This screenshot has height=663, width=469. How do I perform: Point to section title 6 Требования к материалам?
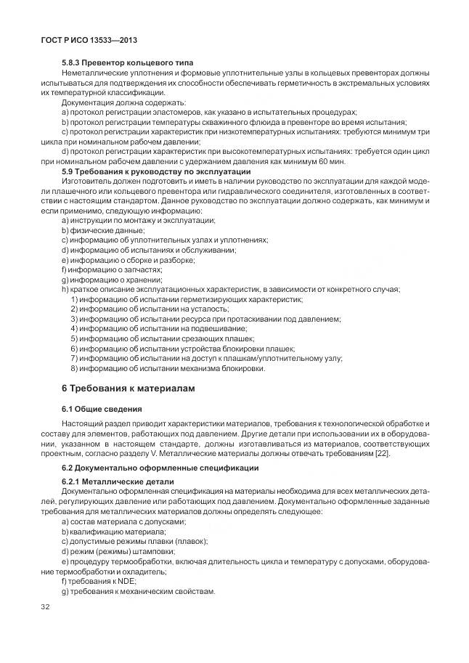tap(129, 389)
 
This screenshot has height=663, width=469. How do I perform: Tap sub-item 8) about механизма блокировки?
tap(168, 368)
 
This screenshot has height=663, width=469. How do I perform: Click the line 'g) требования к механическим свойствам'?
tap(139, 591)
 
